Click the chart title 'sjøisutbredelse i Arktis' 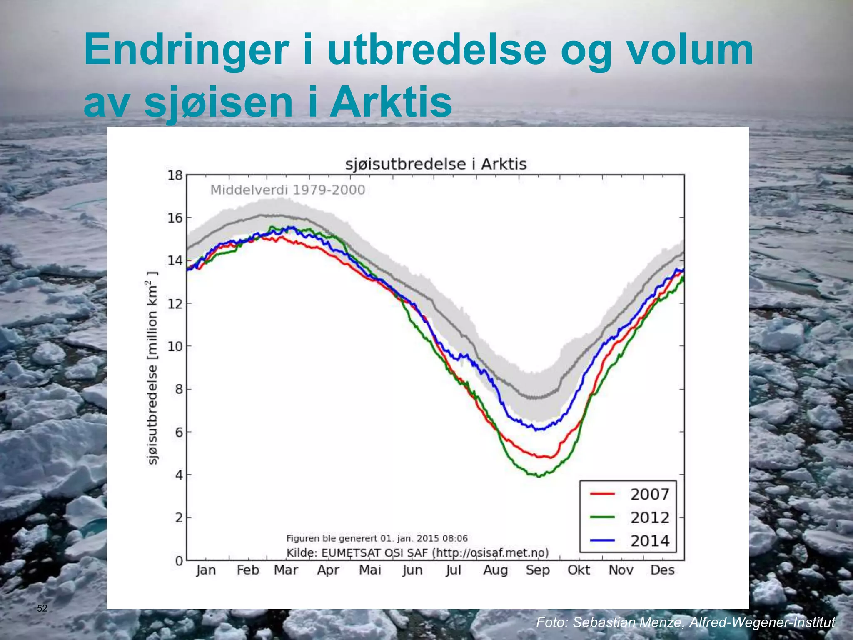pyautogui.click(x=436, y=164)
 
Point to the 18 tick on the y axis pyautogui.click(x=175, y=175)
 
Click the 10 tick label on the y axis pyautogui.click(x=175, y=346)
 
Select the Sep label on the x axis pyautogui.click(x=538, y=570)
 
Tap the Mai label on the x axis pyautogui.click(x=370, y=570)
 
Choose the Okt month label pyautogui.click(x=579, y=570)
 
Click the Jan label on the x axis pyautogui.click(x=206, y=570)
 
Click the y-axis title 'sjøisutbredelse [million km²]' pyautogui.click(x=153, y=367)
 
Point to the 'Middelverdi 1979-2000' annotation pyautogui.click(x=287, y=190)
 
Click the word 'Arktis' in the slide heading pyautogui.click(x=391, y=102)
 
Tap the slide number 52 pyautogui.click(x=42, y=608)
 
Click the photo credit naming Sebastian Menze pyautogui.click(x=685, y=622)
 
